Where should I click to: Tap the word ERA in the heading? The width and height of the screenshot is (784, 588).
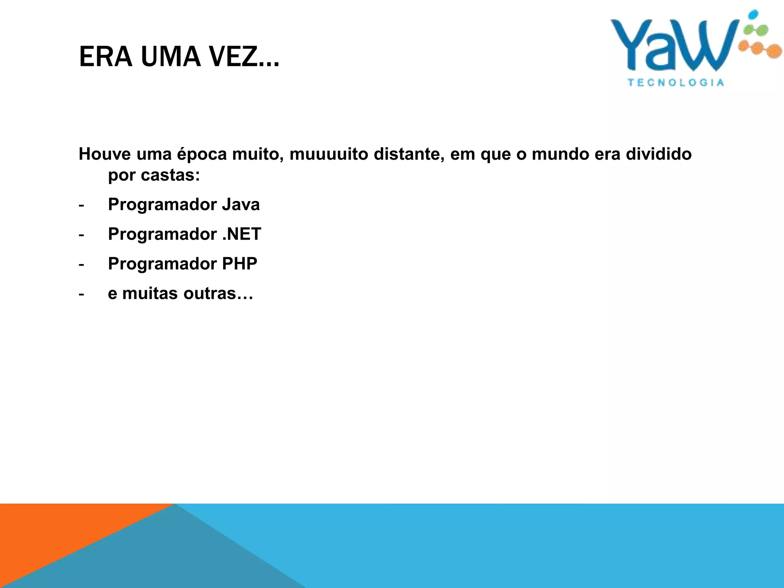pos(106,57)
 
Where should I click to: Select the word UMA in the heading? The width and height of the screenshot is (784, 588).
pos(171,57)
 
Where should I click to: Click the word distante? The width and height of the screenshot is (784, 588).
pos(408,154)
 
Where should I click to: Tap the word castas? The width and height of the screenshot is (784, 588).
pos(170,175)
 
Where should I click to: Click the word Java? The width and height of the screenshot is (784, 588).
pos(241,204)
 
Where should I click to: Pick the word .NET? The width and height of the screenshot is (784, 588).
pos(242,234)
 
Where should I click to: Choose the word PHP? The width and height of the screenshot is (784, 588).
pos(240,264)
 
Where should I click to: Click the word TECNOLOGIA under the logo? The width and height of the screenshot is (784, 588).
pos(676,83)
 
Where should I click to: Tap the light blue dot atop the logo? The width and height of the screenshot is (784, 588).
pos(753,15)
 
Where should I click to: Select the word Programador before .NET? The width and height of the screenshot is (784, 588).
pos(162,234)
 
